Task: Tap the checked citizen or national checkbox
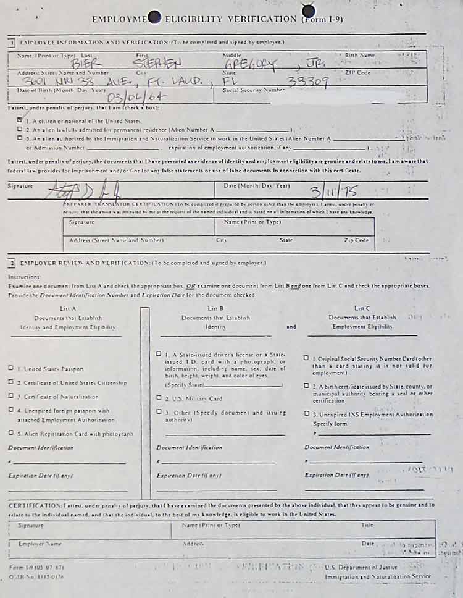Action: tap(20, 120)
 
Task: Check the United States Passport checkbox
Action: tap(10, 368)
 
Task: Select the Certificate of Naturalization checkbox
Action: tap(10, 396)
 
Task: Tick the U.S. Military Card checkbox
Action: tap(159, 398)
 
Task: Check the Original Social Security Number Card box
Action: tap(307, 358)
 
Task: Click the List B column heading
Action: tap(215, 308)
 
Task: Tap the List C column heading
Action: tap(362, 308)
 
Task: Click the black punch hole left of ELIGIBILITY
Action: tap(155, 18)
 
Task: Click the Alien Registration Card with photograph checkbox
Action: tap(10, 433)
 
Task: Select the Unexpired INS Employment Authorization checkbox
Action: tap(307, 414)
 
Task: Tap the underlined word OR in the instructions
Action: tap(191, 287)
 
